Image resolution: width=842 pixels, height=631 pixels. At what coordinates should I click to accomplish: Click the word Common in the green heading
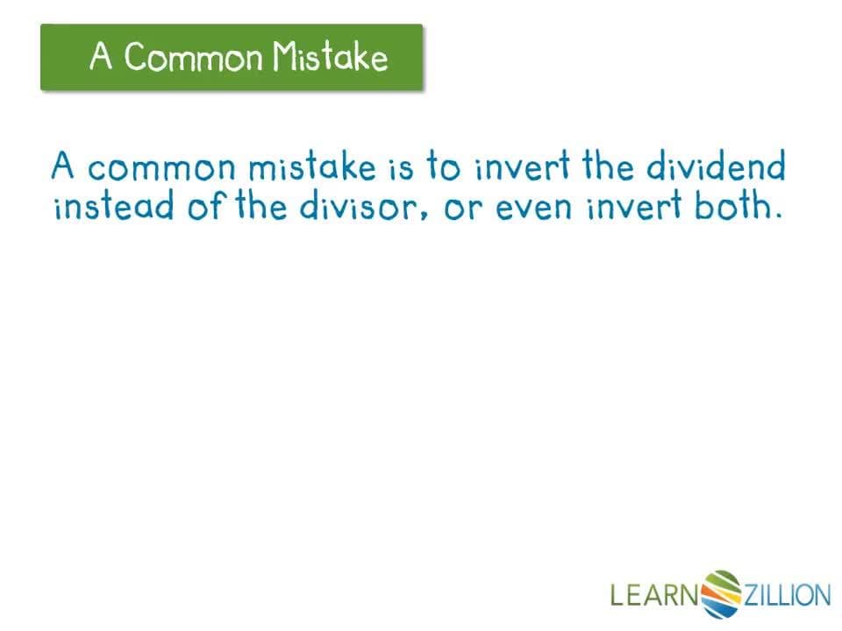193,56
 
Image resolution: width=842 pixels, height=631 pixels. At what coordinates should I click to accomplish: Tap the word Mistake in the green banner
330,56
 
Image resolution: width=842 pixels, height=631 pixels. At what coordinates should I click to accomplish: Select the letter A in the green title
101,55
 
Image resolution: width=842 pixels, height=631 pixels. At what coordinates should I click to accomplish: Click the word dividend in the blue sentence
716,166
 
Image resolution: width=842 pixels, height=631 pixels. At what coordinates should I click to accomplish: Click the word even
533,209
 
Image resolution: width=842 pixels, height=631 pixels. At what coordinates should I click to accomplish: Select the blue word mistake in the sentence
312,167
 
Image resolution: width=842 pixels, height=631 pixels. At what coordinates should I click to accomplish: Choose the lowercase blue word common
161,168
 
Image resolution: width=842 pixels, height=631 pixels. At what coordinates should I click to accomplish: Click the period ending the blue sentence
778,216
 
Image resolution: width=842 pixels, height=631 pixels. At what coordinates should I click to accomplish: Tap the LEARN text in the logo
654,595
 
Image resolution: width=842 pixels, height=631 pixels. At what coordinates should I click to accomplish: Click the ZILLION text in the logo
787,595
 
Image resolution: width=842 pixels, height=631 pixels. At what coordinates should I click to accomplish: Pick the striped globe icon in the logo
721,594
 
